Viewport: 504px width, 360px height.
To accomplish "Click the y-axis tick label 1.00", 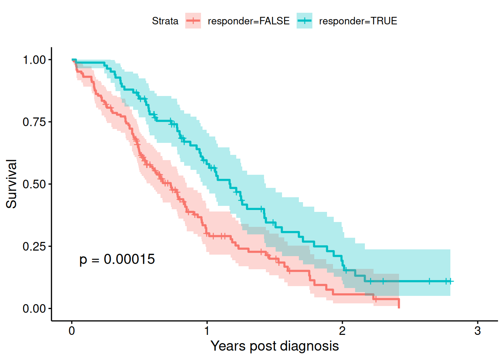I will (x=34, y=60).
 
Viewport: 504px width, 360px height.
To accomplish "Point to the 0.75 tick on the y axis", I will (x=34, y=122).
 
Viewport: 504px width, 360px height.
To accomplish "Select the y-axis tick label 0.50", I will (x=34, y=184).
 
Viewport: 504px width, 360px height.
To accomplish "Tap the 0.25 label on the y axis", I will (x=34, y=246).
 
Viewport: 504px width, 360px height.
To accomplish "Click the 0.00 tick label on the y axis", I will (x=34, y=309).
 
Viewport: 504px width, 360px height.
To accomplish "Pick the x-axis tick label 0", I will (x=72, y=331).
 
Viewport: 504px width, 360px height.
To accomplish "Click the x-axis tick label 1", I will (x=207, y=331).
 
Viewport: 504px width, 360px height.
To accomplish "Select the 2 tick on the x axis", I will (x=342, y=331).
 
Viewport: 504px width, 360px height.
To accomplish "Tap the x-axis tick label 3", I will (x=477, y=331).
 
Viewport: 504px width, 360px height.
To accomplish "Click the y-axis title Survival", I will (x=12, y=184).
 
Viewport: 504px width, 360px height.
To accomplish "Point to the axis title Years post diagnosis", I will (x=274, y=346).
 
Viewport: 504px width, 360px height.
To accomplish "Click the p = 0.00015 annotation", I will (x=117, y=259).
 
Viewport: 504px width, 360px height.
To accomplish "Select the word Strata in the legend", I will (x=165, y=21).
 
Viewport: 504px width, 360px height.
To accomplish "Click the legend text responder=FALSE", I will (x=249, y=21).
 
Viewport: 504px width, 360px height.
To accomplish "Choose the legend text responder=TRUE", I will (x=358, y=21).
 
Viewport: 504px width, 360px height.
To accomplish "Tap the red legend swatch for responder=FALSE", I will (x=193, y=21).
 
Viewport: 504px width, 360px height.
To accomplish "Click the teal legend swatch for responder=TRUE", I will (x=304, y=21).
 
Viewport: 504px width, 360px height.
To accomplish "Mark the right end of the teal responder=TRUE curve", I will (x=453, y=281).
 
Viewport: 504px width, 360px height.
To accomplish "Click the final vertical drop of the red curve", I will (x=399, y=303).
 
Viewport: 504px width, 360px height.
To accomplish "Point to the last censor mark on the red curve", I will (x=375, y=299).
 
